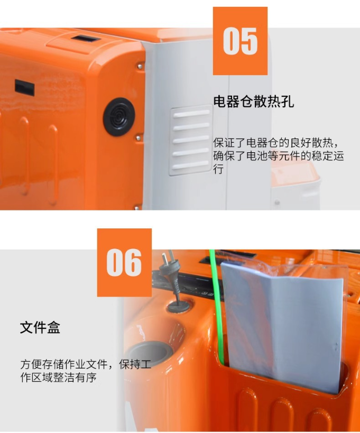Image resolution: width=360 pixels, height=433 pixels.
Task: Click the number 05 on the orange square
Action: point(240,41)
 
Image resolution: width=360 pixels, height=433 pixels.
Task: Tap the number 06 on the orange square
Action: point(124,262)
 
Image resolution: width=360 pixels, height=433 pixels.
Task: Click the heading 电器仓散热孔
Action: point(253,102)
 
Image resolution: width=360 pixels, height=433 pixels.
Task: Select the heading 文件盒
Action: point(40,327)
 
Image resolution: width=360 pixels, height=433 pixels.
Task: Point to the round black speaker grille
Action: point(119,117)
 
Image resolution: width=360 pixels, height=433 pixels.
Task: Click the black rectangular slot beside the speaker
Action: point(24,88)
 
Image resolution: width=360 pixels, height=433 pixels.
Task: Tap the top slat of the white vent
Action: point(191,114)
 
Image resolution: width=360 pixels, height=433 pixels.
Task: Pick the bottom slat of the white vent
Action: point(190,165)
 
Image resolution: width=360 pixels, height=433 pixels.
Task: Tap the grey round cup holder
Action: point(151,354)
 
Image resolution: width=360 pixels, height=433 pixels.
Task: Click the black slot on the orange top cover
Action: point(86,39)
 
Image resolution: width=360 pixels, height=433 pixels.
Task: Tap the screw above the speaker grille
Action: point(140,66)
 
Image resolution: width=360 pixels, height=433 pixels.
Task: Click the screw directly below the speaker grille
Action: point(138,137)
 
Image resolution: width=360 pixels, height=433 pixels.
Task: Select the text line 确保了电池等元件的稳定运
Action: point(279,156)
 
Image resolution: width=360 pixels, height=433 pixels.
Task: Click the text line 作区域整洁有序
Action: point(58,377)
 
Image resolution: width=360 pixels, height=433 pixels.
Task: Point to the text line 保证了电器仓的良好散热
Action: point(275,143)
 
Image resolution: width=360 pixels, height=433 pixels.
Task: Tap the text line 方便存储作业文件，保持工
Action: point(86,364)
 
